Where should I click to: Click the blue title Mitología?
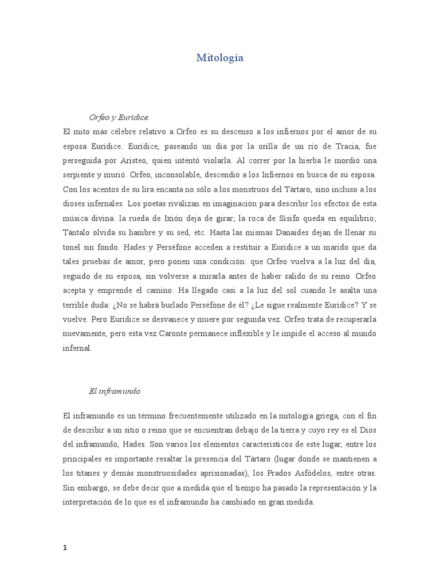coord(220,58)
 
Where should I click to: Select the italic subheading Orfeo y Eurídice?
coord(119,117)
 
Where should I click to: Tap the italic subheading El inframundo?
coord(115,392)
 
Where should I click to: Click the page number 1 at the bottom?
coord(65,531)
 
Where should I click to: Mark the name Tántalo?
coord(80,233)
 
